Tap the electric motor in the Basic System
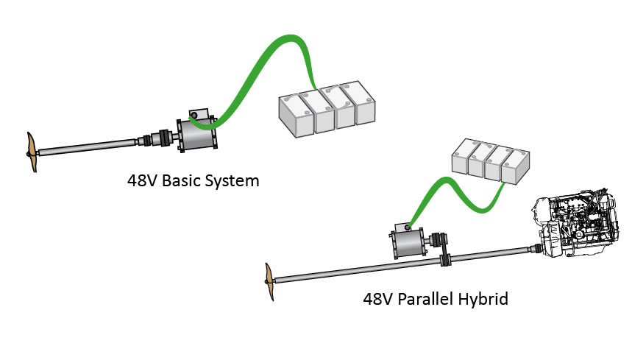pos(193,135)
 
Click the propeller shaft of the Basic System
pos(88,149)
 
